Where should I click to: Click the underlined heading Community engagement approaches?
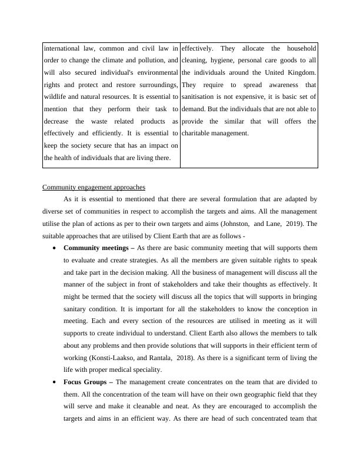[94, 187]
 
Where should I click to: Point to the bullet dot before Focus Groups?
[55, 382]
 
